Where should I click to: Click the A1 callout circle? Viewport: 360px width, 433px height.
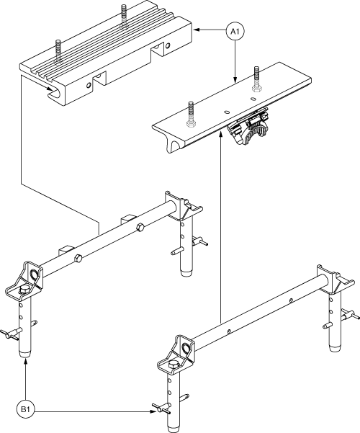tap(235, 32)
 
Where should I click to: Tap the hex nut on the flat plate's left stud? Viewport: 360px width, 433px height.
tap(191, 123)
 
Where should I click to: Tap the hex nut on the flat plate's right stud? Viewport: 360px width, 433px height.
tap(257, 89)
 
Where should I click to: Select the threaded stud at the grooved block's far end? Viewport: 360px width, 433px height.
tap(124, 16)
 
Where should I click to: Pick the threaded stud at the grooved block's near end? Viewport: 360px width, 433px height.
tap(58, 51)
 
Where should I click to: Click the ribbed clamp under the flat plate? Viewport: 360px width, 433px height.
tap(248, 125)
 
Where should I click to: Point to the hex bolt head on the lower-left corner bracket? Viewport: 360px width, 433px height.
tap(24, 290)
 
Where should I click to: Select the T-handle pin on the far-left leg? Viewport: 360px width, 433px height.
tap(10, 334)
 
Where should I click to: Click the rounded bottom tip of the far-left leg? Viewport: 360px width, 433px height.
tap(25, 354)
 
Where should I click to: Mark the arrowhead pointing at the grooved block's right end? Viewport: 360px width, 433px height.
tap(197, 30)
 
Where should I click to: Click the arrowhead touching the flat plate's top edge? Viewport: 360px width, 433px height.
tap(235, 79)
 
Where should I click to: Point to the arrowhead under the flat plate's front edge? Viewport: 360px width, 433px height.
tap(220, 134)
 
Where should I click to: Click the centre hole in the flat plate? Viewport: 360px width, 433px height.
tap(226, 112)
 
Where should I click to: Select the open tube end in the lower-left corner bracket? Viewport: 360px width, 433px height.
tap(35, 275)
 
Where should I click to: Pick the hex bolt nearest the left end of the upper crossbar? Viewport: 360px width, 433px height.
tap(78, 259)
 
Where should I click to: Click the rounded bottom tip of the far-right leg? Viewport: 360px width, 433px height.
tap(336, 347)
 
